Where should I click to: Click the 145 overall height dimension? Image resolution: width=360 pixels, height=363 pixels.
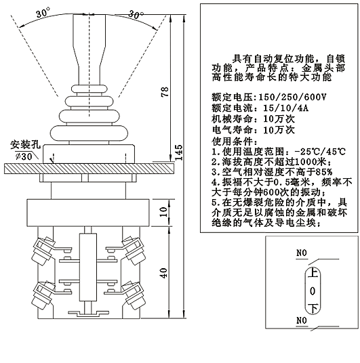(179, 153)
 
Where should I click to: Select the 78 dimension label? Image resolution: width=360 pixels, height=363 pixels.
(165, 92)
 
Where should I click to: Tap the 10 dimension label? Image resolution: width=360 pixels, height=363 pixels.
(163, 211)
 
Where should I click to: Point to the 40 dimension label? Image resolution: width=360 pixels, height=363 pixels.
(163, 273)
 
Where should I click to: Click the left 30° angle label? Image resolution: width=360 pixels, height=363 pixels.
(43, 12)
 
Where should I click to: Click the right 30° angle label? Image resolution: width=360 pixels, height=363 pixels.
(136, 14)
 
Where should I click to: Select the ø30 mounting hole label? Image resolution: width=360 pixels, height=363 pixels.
(24, 156)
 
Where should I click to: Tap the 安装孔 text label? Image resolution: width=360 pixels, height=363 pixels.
(25, 145)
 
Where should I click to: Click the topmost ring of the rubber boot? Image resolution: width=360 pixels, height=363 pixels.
(89, 89)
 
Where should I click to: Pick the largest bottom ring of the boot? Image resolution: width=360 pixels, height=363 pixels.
(89, 133)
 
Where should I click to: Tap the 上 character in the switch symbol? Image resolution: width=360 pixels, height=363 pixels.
(313, 273)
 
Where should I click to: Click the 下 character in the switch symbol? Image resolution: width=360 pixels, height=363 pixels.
(313, 309)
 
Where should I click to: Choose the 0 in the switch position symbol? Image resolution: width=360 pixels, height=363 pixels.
(313, 291)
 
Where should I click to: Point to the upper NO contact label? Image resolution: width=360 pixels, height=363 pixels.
(302, 253)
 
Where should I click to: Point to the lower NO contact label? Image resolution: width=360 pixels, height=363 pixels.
(302, 320)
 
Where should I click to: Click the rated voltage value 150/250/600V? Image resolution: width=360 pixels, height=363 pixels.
(292, 97)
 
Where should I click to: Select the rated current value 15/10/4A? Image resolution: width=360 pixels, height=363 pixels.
(286, 108)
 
